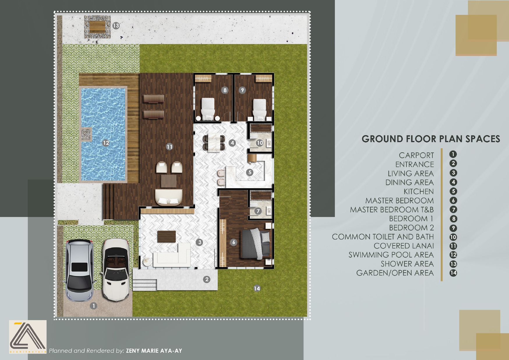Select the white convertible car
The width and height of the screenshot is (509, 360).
click(x=116, y=270)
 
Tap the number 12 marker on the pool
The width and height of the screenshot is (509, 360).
click(x=106, y=143)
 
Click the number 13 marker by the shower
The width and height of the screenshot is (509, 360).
click(x=116, y=26)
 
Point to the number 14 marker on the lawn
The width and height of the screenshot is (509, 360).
click(x=257, y=288)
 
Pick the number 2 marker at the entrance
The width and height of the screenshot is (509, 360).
click(x=207, y=279)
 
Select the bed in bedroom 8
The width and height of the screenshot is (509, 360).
click(x=208, y=109)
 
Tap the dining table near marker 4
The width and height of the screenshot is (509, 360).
click(x=214, y=142)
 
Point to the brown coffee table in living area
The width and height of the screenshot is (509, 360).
click(x=167, y=237)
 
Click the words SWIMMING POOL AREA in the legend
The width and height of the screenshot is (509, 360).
click(x=391, y=255)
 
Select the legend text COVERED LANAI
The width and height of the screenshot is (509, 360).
click(x=404, y=246)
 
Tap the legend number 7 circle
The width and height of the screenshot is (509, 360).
click(x=453, y=209)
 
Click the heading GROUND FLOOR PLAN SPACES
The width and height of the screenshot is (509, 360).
click(x=431, y=139)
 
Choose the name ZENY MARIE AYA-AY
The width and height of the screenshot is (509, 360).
click(x=154, y=351)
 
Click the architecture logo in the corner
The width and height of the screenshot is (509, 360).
click(x=28, y=337)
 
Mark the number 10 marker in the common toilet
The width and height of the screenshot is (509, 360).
click(x=259, y=143)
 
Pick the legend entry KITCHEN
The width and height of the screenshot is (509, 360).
click(x=418, y=191)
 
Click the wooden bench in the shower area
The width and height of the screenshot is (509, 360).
click(x=97, y=27)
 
